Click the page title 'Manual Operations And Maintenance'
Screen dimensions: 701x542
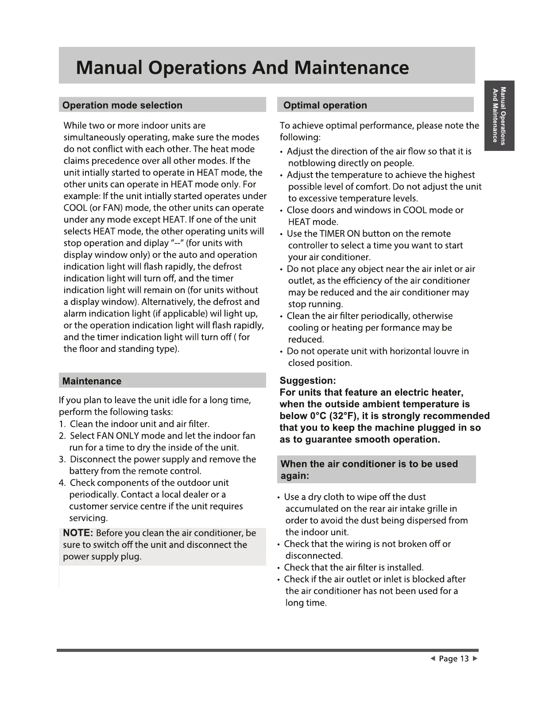[x=242, y=68]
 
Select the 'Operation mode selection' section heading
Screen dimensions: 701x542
[x=122, y=105]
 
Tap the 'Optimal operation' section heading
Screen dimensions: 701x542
[x=325, y=105]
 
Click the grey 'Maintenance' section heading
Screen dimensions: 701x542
[x=92, y=381]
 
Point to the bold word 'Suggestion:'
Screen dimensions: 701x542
[x=308, y=381]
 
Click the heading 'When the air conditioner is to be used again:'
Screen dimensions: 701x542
[x=369, y=470]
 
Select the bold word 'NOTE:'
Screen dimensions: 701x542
[x=78, y=533]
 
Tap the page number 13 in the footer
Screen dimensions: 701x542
[x=464, y=659]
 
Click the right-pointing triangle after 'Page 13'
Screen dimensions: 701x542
[x=475, y=659]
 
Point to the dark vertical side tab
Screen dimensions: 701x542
[x=499, y=116]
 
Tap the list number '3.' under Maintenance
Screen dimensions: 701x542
[x=62, y=459]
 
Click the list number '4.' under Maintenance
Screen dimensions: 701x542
[x=62, y=483]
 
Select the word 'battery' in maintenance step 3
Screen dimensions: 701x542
[x=84, y=471]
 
